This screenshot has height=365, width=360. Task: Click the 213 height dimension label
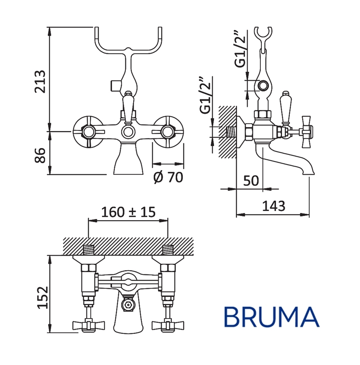point(40,81)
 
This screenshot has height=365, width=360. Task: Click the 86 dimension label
point(40,155)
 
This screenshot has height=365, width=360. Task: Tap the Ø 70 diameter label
point(169,177)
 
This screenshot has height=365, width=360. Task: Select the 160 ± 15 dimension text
point(128,212)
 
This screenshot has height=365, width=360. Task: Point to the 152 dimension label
point(43,297)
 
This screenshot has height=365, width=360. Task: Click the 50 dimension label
point(251,180)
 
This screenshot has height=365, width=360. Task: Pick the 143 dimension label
point(274,206)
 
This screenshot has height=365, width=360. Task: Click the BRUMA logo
point(272,317)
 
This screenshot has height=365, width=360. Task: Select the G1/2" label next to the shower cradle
point(240,49)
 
